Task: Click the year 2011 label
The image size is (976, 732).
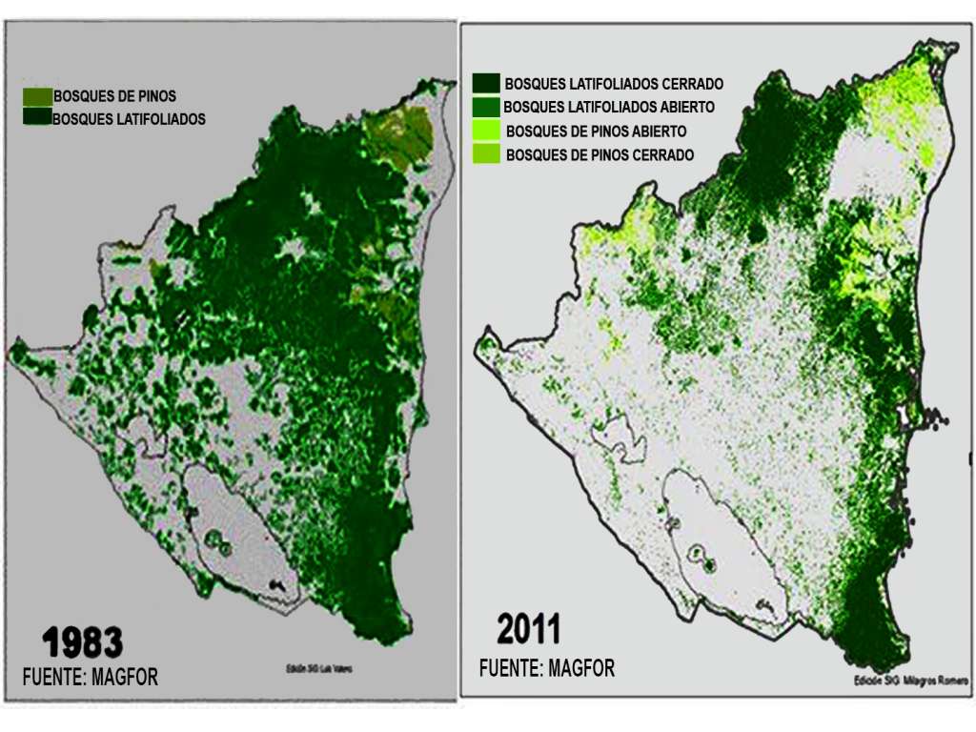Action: tap(529, 630)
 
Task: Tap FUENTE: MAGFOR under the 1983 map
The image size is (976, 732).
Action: tap(90, 677)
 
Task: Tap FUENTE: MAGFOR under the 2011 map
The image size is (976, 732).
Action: tap(547, 668)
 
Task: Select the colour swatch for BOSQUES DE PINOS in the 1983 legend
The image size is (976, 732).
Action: tap(37, 97)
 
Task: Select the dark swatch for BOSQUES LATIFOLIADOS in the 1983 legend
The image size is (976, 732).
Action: tap(37, 117)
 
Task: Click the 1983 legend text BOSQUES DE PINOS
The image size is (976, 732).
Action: tap(114, 97)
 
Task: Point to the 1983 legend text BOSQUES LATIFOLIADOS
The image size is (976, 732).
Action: tap(129, 120)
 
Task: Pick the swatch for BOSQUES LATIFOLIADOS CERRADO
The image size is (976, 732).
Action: tap(487, 84)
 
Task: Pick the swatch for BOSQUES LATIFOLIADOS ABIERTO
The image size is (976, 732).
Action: tap(487, 107)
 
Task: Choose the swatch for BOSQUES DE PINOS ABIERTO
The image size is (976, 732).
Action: tap(487, 130)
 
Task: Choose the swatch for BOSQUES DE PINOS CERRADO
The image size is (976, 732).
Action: tap(487, 152)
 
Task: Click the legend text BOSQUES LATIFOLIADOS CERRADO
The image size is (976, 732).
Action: tap(614, 85)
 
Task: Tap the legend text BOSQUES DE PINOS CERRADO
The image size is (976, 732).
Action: tap(600, 154)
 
